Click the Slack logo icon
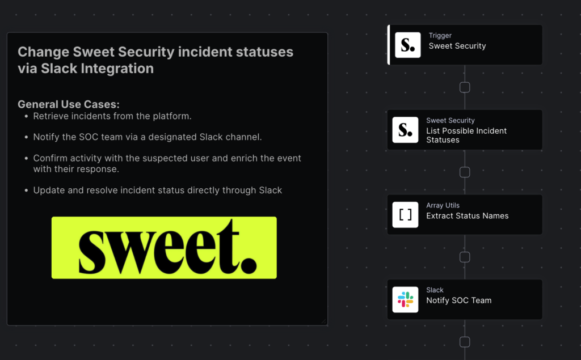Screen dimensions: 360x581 tap(405, 299)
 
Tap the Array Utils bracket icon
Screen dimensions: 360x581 tap(405, 214)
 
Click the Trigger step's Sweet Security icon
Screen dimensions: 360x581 tap(407, 45)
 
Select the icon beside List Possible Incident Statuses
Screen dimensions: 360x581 tap(405, 129)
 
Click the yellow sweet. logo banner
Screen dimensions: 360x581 tap(164, 247)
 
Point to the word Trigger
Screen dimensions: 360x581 tap(440, 36)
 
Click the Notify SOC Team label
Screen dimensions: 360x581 tap(458, 300)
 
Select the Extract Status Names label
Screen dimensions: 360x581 tap(467, 215)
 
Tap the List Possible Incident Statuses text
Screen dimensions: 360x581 tap(466, 135)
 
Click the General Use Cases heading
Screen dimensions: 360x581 tap(69, 104)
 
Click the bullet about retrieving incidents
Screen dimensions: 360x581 tap(112, 116)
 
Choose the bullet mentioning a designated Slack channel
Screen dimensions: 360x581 tap(147, 137)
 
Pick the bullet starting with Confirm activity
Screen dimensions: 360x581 tap(167, 163)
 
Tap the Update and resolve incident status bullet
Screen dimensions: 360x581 tap(157, 190)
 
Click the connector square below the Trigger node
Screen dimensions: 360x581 tap(465, 87)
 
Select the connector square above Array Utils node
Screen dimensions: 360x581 tap(465, 172)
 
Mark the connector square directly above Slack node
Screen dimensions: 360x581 tap(465, 257)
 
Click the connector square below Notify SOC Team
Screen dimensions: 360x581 tap(465, 342)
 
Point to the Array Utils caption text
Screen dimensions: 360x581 tap(443, 205)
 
